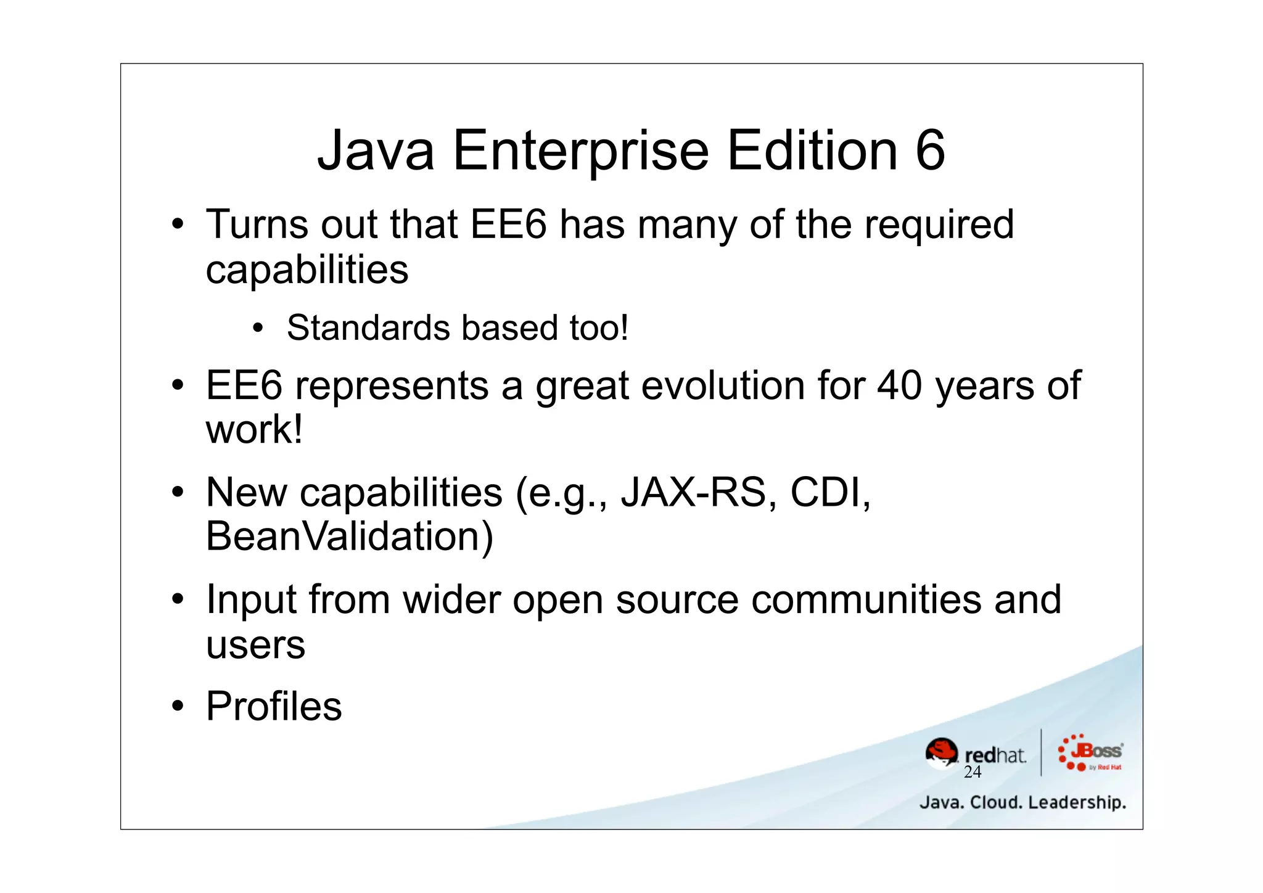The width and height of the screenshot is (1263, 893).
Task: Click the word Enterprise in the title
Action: pyautogui.click(x=581, y=151)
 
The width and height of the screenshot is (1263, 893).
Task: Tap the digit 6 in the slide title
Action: pyautogui.click(x=930, y=151)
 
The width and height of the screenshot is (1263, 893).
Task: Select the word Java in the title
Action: pyautogui.click(x=376, y=151)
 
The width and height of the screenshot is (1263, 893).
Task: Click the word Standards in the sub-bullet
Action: pyautogui.click(x=368, y=327)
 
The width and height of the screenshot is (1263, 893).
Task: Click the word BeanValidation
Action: pyautogui.click(x=349, y=536)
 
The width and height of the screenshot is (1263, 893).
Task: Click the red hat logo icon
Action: pyautogui.click(x=942, y=753)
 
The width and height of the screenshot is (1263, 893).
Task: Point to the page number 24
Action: pyautogui.click(x=973, y=772)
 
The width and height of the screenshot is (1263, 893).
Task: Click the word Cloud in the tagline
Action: pyautogui.click(x=996, y=802)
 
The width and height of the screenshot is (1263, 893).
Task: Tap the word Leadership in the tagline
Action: pyautogui.click(x=1077, y=802)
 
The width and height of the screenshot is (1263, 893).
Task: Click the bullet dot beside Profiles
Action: pyautogui.click(x=178, y=706)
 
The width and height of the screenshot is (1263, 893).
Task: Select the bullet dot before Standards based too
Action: pyautogui.click(x=258, y=327)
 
